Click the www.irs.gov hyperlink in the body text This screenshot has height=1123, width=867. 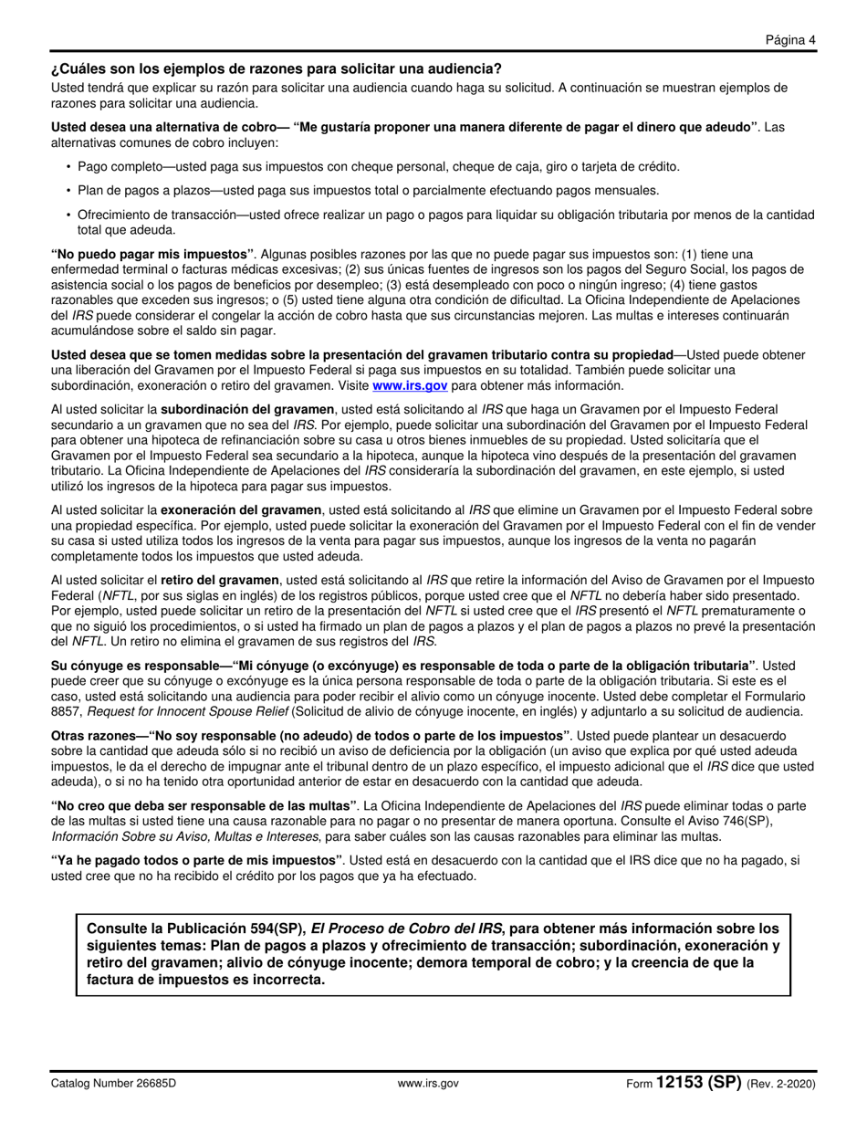(x=410, y=385)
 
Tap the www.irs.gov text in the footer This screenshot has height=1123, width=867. (x=428, y=1084)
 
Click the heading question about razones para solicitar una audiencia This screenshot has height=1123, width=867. (x=276, y=68)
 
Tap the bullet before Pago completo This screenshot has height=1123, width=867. (x=68, y=167)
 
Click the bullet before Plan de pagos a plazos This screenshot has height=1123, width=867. (x=68, y=191)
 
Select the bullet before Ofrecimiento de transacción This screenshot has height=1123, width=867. (x=68, y=215)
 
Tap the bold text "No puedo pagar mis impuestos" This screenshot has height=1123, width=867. (x=152, y=253)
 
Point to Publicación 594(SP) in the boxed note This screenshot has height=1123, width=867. (x=232, y=929)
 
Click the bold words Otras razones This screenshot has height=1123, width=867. (x=93, y=735)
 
